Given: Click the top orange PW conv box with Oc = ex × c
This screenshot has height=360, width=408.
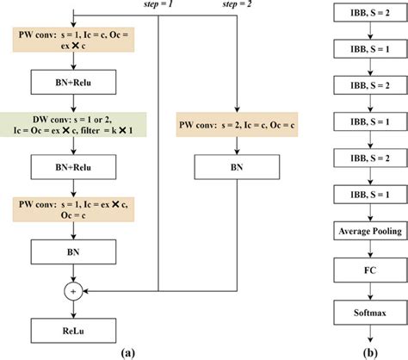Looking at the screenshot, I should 77,40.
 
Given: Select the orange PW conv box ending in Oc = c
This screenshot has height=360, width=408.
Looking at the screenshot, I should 77,208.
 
